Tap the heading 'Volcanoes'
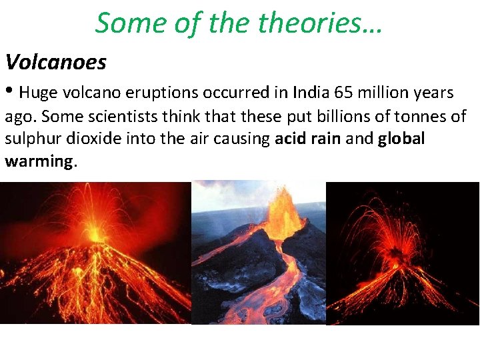[x=55, y=63]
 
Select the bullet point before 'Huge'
[x=9, y=92]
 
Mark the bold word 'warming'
[x=39, y=162]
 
